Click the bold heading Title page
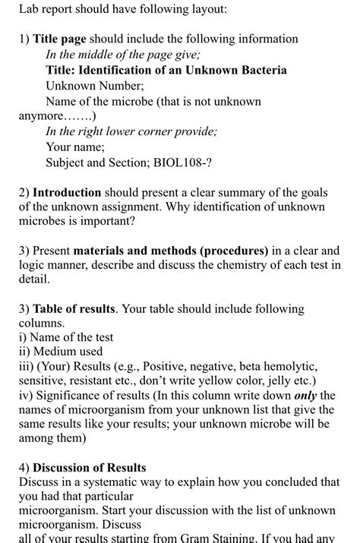(59, 39)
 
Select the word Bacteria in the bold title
(261, 70)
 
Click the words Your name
(75, 147)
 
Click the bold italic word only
(305, 395)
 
